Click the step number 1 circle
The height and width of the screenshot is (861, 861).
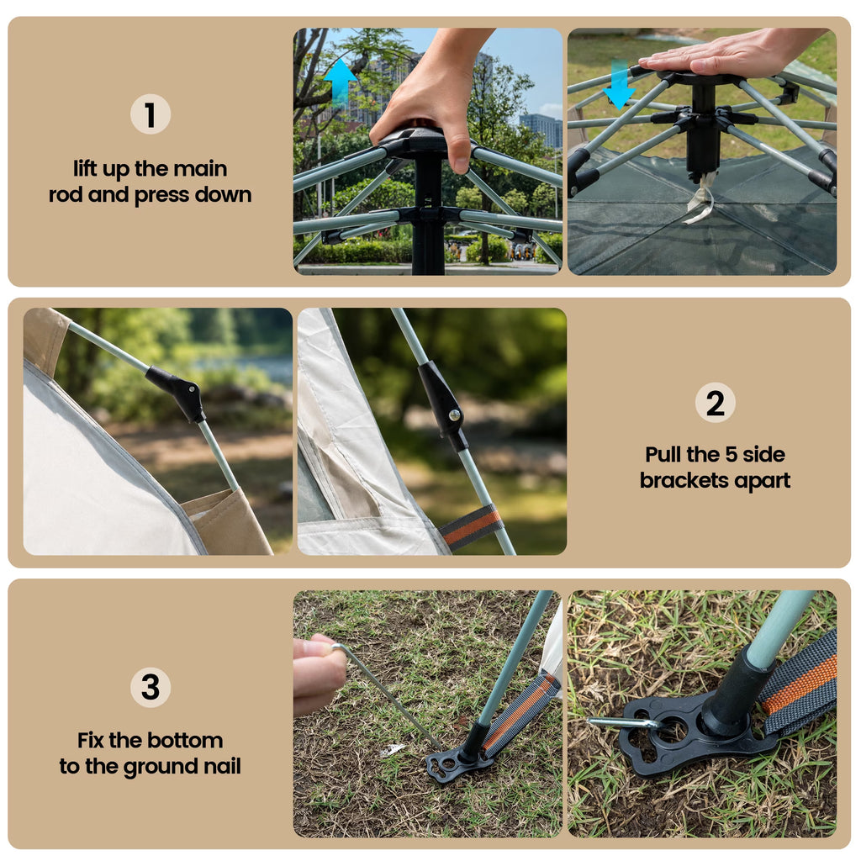click(x=151, y=114)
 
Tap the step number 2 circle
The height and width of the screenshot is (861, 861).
click(x=715, y=403)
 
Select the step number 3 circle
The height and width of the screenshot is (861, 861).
click(x=151, y=688)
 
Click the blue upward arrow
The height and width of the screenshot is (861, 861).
click(x=341, y=82)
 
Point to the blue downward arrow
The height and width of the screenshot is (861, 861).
click(x=620, y=85)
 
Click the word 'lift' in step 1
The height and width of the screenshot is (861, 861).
click(x=85, y=168)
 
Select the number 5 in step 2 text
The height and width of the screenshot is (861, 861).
click(x=731, y=455)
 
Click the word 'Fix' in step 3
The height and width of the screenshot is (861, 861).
click(x=91, y=740)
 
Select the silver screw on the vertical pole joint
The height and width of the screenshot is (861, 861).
click(x=454, y=415)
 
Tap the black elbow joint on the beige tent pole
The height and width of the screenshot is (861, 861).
click(x=177, y=392)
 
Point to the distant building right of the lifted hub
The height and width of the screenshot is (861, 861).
click(x=541, y=130)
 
